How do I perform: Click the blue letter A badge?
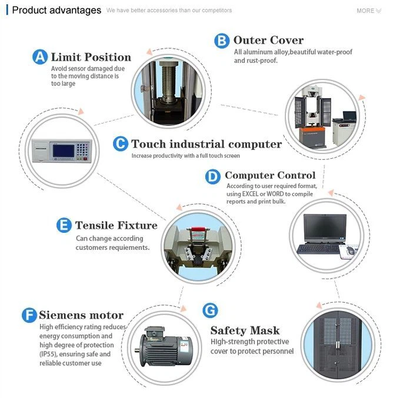(x=40, y=57)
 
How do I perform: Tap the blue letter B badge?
(x=221, y=41)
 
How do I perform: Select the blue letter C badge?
(x=120, y=144)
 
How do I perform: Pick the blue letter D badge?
(x=212, y=176)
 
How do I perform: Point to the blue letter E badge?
(x=64, y=225)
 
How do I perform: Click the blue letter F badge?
(x=29, y=315)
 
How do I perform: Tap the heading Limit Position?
(x=91, y=57)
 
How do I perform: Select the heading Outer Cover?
(x=268, y=41)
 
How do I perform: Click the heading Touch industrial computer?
(x=206, y=144)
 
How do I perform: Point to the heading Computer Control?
(x=270, y=175)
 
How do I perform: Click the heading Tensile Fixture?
(x=116, y=225)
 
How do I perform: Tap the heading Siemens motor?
(x=81, y=315)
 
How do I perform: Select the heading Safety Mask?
(x=245, y=330)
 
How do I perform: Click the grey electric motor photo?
(x=164, y=344)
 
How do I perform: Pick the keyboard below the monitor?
(x=318, y=249)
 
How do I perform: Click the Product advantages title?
(x=56, y=11)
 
